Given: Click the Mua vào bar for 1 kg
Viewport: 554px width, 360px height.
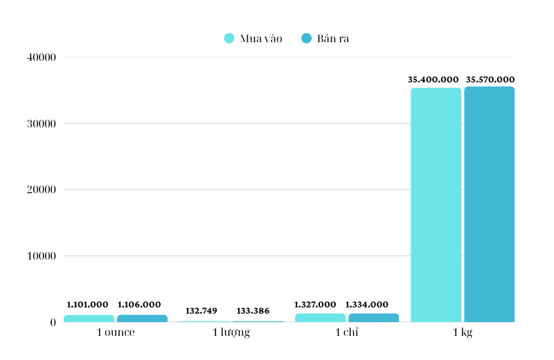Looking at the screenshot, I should (436, 205).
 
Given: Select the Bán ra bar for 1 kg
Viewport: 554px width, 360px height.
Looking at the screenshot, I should (489, 204).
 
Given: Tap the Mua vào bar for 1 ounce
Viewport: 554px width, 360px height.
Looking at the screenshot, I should (89, 318).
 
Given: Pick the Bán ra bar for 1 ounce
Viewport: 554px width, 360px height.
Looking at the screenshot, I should (142, 318).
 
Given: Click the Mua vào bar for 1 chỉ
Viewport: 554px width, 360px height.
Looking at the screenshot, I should (320, 318).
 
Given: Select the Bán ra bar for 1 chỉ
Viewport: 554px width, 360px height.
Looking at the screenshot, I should (373, 318).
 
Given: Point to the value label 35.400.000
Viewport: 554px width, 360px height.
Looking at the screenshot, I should (434, 80).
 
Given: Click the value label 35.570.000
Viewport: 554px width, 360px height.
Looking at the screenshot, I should (490, 80).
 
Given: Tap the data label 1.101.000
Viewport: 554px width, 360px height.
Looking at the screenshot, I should (88, 305).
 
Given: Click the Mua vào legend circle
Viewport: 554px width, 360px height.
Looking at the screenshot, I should (229, 38).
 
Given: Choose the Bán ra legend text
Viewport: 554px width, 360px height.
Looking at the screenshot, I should (333, 38).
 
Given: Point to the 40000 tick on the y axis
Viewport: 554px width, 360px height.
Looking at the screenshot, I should (42, 57).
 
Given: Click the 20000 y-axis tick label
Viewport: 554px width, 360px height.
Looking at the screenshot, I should (42, 190).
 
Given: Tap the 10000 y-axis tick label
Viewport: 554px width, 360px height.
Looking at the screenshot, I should (42, 256).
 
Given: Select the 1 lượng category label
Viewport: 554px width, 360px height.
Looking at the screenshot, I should (231, 333).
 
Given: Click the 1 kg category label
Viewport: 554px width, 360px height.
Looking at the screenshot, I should (463, 333).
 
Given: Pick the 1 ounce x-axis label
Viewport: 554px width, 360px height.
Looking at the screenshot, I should (116, 333).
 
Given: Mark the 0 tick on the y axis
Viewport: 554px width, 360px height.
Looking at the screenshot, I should (53, 323).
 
